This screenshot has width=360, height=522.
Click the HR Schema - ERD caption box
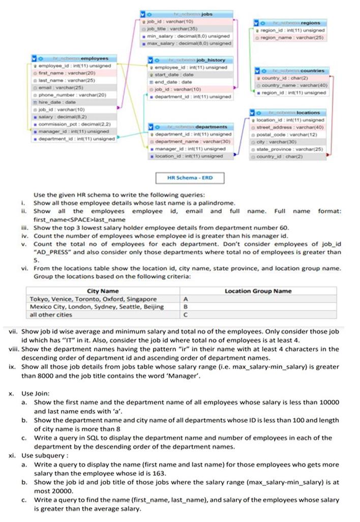[190, 178]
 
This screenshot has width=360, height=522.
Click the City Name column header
[103, 291]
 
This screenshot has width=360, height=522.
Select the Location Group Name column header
[258, 291]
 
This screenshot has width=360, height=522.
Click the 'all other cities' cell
[51, 314]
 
